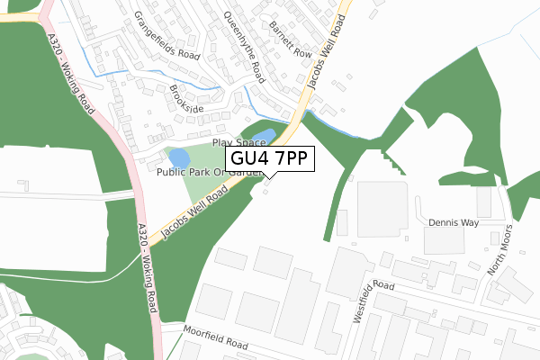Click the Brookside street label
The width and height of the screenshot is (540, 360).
coord(186,100)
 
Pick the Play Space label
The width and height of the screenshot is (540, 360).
coord(238,143)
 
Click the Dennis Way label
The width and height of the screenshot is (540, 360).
coord(454,222)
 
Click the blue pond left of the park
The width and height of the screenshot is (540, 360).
coord(179,158)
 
